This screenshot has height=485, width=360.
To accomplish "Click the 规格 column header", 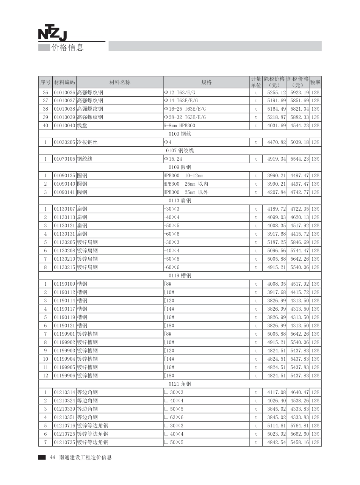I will point(207,82).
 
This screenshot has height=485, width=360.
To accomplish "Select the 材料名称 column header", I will point(120,82).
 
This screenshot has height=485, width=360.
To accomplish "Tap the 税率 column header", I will point(315,82).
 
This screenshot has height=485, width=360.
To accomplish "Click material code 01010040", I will point(64,125).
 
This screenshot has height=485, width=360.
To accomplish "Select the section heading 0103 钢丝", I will point(180,134).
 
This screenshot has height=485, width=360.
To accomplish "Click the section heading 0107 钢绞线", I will point(180,150).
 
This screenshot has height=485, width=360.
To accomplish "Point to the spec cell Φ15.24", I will point(173,159).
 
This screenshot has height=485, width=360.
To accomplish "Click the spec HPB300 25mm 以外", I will point(186,192).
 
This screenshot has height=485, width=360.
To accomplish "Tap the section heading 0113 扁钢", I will point(180,200).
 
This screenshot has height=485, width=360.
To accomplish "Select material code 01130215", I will point(64,267).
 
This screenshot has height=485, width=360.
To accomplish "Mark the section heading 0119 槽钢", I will point(180,275).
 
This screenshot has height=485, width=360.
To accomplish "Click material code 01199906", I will point(64,375).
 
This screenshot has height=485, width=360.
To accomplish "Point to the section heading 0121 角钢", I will point(180,384).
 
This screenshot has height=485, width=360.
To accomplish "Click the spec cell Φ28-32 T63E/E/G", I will point(185,117).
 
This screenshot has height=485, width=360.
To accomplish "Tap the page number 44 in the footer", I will point(53,457).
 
